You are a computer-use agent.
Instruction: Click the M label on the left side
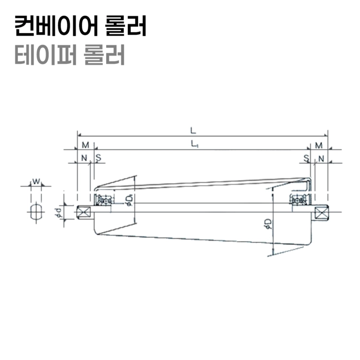click(x=85, y=145)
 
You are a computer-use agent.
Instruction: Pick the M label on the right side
click(x=319, y=145)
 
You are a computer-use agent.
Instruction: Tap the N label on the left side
click(x=84, y=157)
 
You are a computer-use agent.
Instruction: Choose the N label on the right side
click(x=321, y=157)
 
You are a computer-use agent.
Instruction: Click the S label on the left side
click(x=98, y=157)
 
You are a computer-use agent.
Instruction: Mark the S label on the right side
click(x=306, y=157)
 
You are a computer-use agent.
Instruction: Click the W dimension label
click(x=36, y=181)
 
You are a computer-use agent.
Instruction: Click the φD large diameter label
click(x=268, y=224)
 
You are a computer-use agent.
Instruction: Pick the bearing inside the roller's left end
click(x=104, y=200)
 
